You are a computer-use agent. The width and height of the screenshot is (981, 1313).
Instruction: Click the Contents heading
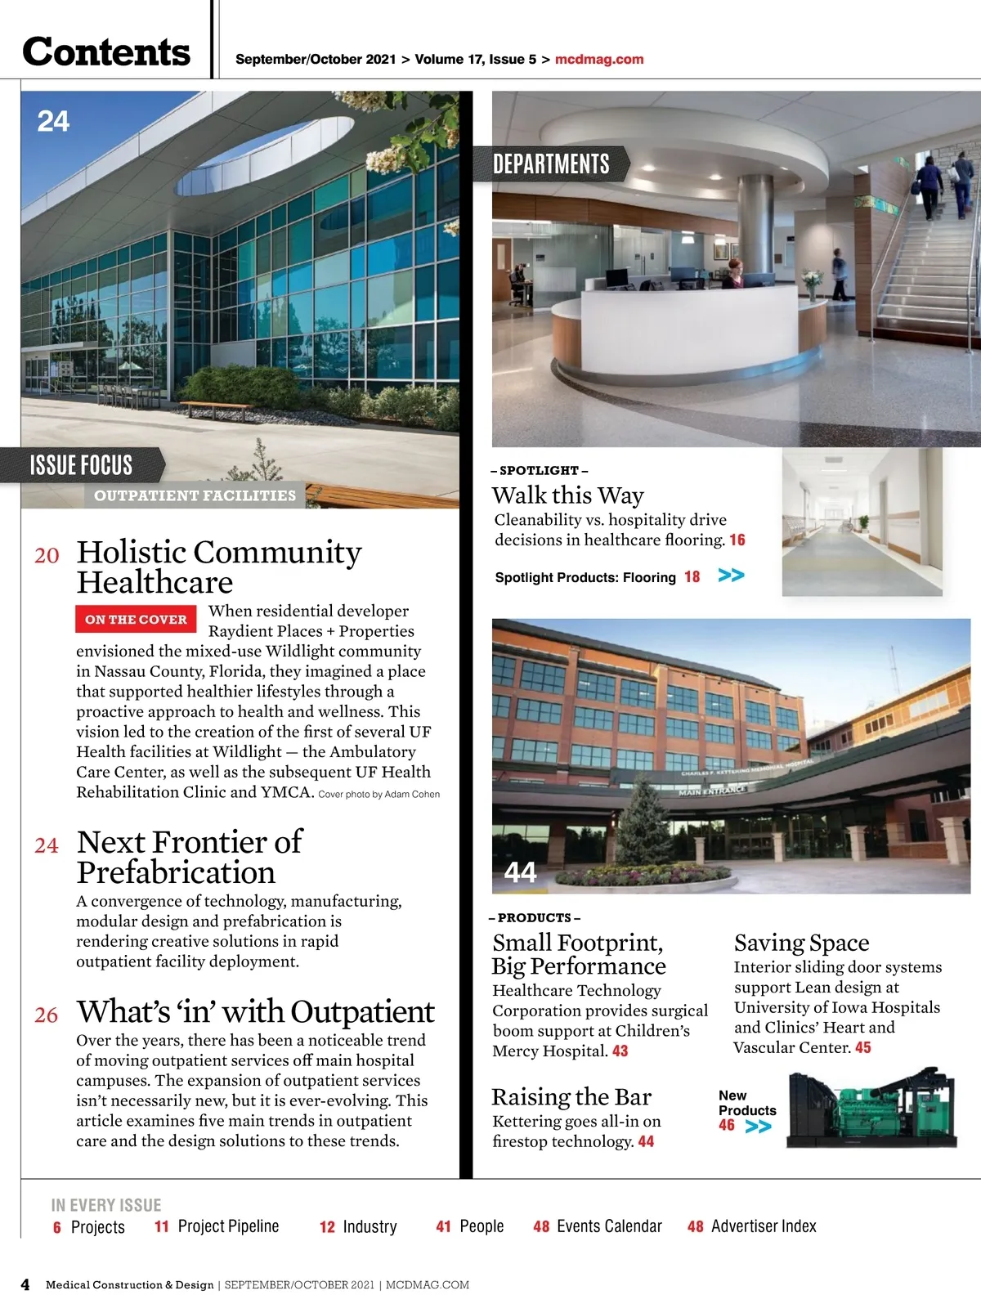pos(106,52)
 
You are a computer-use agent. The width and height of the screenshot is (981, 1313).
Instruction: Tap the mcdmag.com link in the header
pos(598,59)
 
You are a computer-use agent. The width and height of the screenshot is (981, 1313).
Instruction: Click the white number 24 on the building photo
pos(53,122)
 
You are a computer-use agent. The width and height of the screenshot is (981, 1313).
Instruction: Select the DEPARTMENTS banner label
pos(551,164)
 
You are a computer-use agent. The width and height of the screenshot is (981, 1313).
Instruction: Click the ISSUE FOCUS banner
pos(81,465)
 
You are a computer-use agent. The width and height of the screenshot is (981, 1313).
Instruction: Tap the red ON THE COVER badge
pos(136,620)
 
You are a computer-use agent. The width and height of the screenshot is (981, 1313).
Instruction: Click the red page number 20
pos(47,556)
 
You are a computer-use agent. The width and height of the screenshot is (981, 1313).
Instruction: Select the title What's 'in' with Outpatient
pos(255,1012)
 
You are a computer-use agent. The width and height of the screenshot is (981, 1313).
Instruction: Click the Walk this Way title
pos(567,495)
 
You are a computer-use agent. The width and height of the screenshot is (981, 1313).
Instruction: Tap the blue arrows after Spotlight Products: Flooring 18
pos(731,576)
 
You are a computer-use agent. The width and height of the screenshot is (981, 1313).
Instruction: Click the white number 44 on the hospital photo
pos(520,872)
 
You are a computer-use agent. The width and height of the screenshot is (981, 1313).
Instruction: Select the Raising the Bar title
pos(571,1096)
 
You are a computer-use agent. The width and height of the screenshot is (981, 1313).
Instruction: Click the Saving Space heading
pos(801,943)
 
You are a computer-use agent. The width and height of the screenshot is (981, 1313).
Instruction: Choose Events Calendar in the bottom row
pos(609,1226)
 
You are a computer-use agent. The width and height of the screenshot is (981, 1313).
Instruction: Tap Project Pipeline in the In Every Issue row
pos(228,1226)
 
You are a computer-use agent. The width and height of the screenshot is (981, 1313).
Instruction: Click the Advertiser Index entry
pos(764,1226)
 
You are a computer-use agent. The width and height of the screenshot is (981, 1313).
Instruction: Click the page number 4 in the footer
pos(25,1284)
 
